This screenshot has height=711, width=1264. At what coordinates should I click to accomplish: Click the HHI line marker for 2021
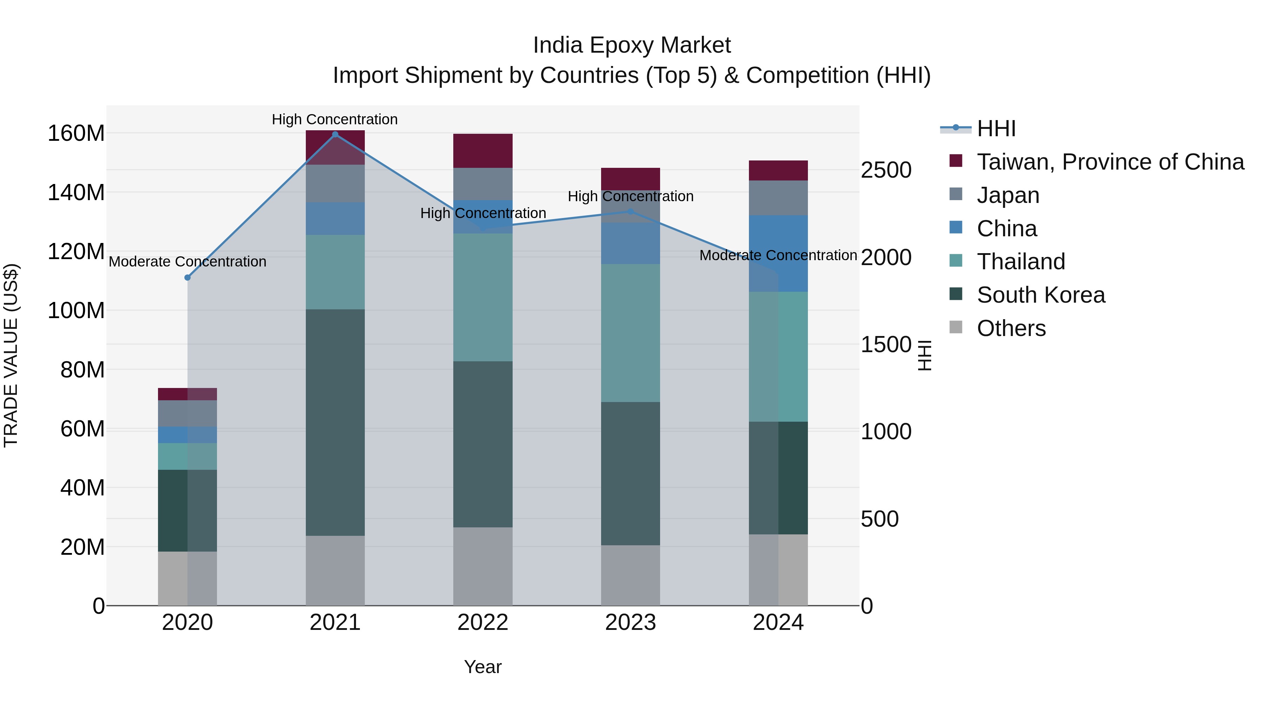[335, 134]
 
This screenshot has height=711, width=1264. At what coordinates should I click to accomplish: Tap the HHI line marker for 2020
[187, 278]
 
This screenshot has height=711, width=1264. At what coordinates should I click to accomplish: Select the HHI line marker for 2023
[631, 211]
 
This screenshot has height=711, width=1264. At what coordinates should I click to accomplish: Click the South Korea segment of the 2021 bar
[335, 422]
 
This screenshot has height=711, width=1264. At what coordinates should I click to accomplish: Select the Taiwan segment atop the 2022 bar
[483, 151]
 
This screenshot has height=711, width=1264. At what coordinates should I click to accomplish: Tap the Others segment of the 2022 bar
[483, 566]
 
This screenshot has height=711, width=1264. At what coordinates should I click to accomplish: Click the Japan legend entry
[1008, 195]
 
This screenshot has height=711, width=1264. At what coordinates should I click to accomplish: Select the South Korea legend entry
[1040, 295]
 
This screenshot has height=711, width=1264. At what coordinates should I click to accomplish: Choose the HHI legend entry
[996, 129]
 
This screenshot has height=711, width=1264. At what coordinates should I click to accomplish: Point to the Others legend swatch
[956, 327]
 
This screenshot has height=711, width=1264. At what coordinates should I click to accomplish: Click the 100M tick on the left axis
[76, 311]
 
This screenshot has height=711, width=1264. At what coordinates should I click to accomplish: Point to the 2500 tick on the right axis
[886, 170]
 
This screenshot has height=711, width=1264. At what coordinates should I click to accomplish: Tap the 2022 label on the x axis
[483, 623]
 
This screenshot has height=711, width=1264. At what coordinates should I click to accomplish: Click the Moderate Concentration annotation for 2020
[187, 262]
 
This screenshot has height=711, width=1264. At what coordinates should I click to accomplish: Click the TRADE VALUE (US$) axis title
[11, 355]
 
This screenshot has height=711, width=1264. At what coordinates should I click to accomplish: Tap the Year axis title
[483, 667]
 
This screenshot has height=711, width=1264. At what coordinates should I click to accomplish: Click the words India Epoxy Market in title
[632, 45]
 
